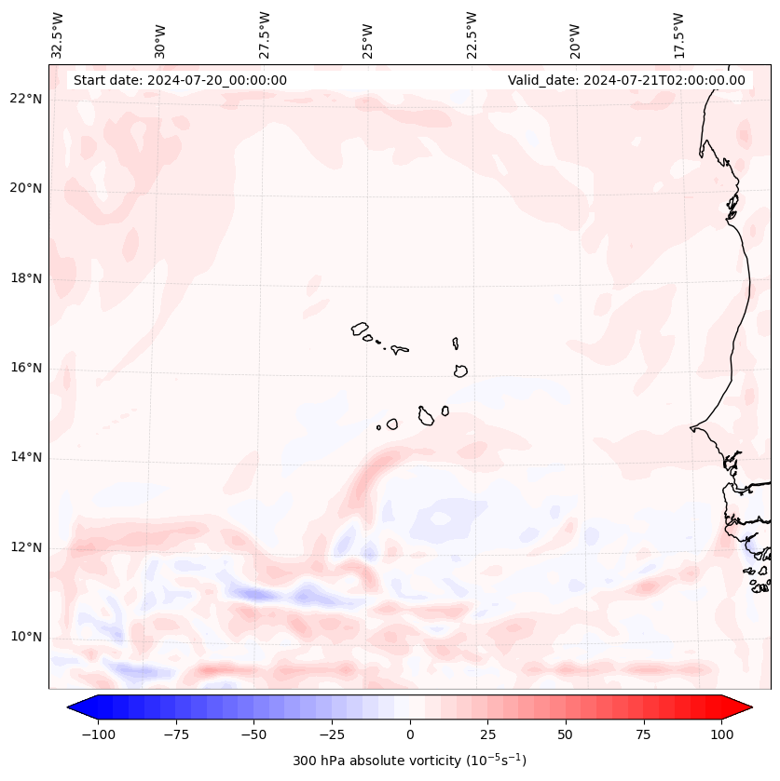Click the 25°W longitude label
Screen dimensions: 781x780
tap(367, 36)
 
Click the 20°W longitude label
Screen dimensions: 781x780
tap(574, 36)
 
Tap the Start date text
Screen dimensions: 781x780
tap(180, 80)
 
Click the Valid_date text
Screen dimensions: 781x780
tap(626, 80)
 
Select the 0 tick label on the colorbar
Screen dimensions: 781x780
tap(410, 734)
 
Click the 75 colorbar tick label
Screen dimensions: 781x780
tap(644, 734)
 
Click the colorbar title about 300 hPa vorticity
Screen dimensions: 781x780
tap(410, 761)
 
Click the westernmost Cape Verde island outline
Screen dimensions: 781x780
tap(360, 329)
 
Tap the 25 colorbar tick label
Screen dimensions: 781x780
tap(488, 734)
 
